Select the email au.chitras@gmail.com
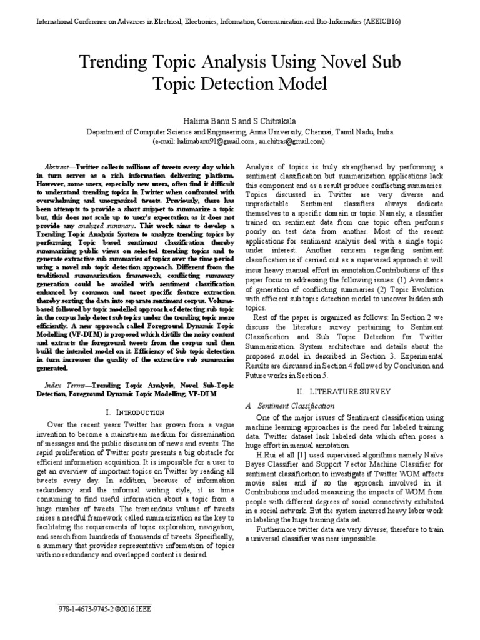[x=289, y=142]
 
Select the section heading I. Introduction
[x=135, y=412]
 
